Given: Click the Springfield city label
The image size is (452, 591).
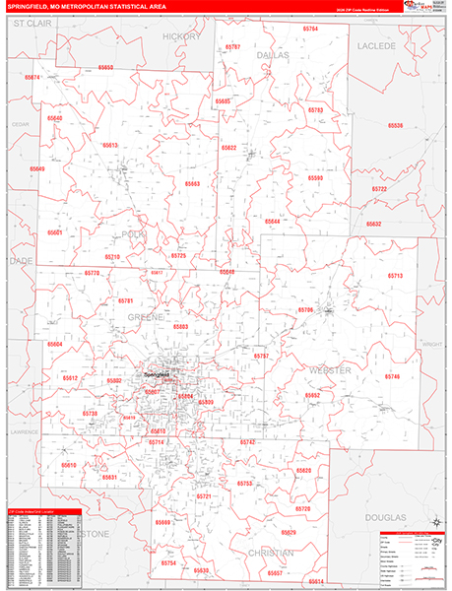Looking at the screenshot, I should click(x=157, y=374).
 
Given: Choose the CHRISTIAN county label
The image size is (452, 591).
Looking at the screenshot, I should click(x=270, y=554).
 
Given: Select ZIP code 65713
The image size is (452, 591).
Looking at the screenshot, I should click(x=395, y=276).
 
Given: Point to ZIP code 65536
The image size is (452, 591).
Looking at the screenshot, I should click(x=396, y=125).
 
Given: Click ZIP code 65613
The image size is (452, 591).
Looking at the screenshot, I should click(x=108, y=145).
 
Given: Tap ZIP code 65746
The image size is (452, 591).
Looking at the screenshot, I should click(x=393, y=376).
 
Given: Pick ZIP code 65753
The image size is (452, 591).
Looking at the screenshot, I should click(x=245, y=484).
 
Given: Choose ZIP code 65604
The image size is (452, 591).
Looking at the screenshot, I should click(x=54, y=344).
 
